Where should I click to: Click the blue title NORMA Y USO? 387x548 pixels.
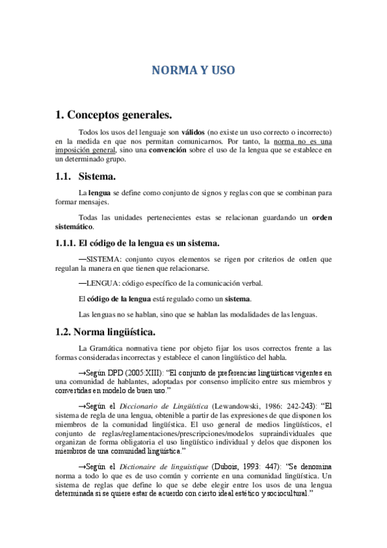coord(193,69)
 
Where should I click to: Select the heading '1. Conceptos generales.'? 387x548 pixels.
coord(114,116)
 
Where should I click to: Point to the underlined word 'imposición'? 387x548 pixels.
coord(74,150)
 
